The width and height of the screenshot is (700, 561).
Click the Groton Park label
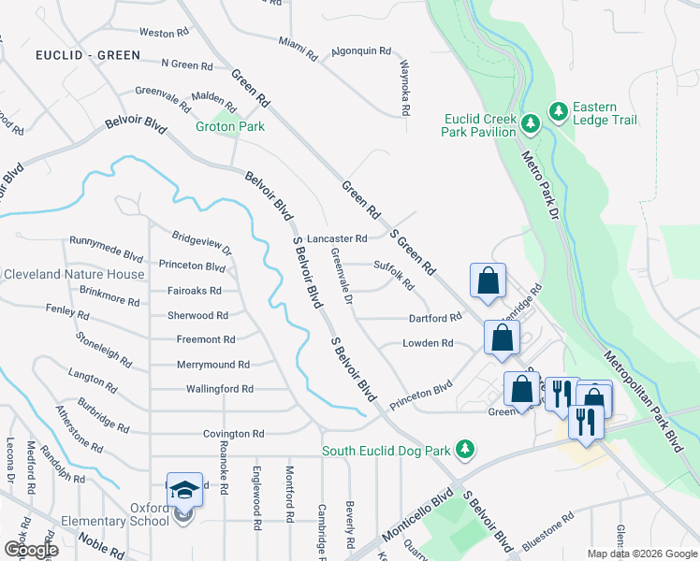(x=230, y=126)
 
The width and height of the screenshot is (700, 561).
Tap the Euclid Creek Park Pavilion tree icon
(x=530, y=122)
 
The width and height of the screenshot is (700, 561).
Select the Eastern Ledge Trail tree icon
(x=559, y=112)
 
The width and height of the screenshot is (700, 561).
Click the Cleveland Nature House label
(x=74, y=274)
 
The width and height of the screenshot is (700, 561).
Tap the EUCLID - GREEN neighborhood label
(x=88, y=55)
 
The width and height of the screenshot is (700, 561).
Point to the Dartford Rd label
(x=435, y=318)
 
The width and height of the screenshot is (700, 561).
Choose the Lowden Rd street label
(x=428, y=343)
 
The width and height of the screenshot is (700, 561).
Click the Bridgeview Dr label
(x=201, y=242)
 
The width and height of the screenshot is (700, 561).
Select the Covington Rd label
(x=234, y=434)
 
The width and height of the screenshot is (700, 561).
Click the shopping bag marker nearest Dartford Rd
(x=502, y=338)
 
